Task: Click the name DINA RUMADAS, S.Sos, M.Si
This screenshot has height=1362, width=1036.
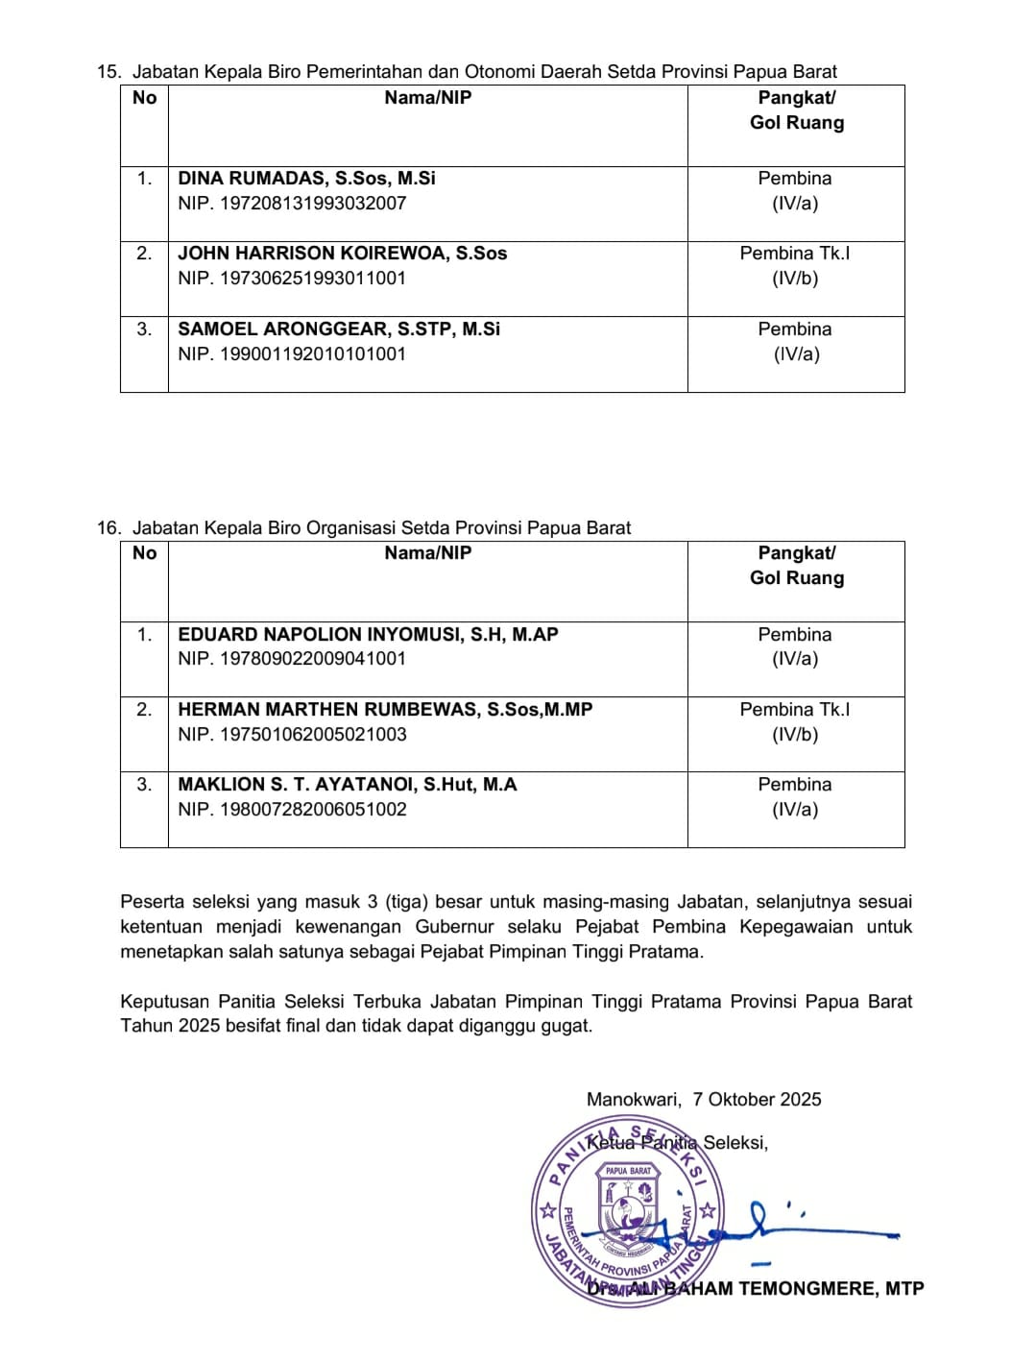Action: (306, 179)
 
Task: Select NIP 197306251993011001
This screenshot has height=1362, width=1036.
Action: (292, 279)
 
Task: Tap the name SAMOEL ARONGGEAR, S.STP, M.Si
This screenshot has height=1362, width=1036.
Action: (339, 329)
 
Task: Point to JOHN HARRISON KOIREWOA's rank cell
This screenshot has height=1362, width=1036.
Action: (795, 266)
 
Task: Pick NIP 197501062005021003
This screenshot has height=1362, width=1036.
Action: (292, 735)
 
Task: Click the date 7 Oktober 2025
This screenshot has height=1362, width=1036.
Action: (757, 1100)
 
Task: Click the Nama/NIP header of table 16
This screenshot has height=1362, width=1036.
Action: (428, 553)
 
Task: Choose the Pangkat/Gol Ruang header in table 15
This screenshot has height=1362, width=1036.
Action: (797, 110)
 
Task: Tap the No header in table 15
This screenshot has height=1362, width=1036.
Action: (144, 98)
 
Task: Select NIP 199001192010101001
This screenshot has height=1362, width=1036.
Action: (292, 354)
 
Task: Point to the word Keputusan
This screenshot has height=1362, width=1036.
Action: (159, 1002)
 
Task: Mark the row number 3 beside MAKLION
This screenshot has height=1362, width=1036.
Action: (144, 785)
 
